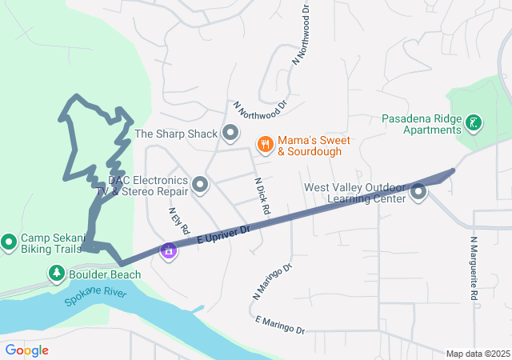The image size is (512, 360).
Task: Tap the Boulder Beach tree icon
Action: [x=57, y=274]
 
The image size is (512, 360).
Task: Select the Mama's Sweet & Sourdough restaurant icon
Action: [x=265, y=144]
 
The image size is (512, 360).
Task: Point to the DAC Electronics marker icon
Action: [x=200, y=186]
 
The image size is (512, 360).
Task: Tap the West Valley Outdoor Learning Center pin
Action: [x=418, y=192]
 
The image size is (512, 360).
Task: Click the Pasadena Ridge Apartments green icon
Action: [x=474, y=122]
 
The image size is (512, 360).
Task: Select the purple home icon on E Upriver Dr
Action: [x=169, y=250]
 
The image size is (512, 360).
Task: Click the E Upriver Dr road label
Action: [x=222, y=234]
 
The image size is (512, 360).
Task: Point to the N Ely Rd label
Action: [x=178, y=221]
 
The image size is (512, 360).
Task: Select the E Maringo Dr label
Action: [x=280, y=324]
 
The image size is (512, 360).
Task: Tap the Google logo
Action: [x=26, y=350]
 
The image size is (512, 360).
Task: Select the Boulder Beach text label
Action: [x=105, y=274]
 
